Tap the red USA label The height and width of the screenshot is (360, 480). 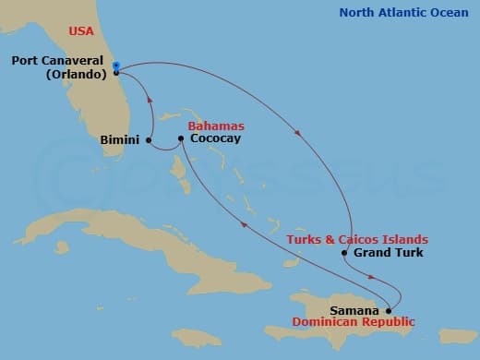82,30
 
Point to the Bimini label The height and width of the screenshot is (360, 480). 120,140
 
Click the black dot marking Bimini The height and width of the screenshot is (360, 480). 149,140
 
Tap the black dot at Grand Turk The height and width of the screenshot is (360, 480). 344,252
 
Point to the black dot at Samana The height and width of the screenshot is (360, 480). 389,309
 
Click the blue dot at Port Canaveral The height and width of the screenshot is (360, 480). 116,66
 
